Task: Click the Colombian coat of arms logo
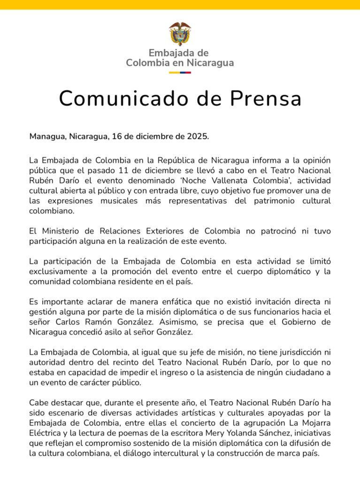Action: (x=180, y=32)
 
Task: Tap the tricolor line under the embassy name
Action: (x=180, y=72)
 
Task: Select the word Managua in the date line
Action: (x=47, y=137)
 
